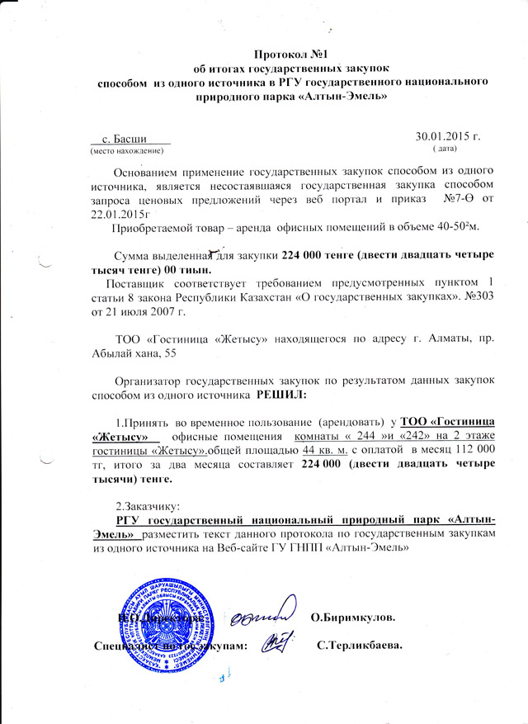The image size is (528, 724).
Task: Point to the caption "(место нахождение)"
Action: click(x=126, y=152)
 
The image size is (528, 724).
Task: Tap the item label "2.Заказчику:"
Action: click(x=147, y=505)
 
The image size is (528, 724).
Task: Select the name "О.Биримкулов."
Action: click(x=356, y=618)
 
